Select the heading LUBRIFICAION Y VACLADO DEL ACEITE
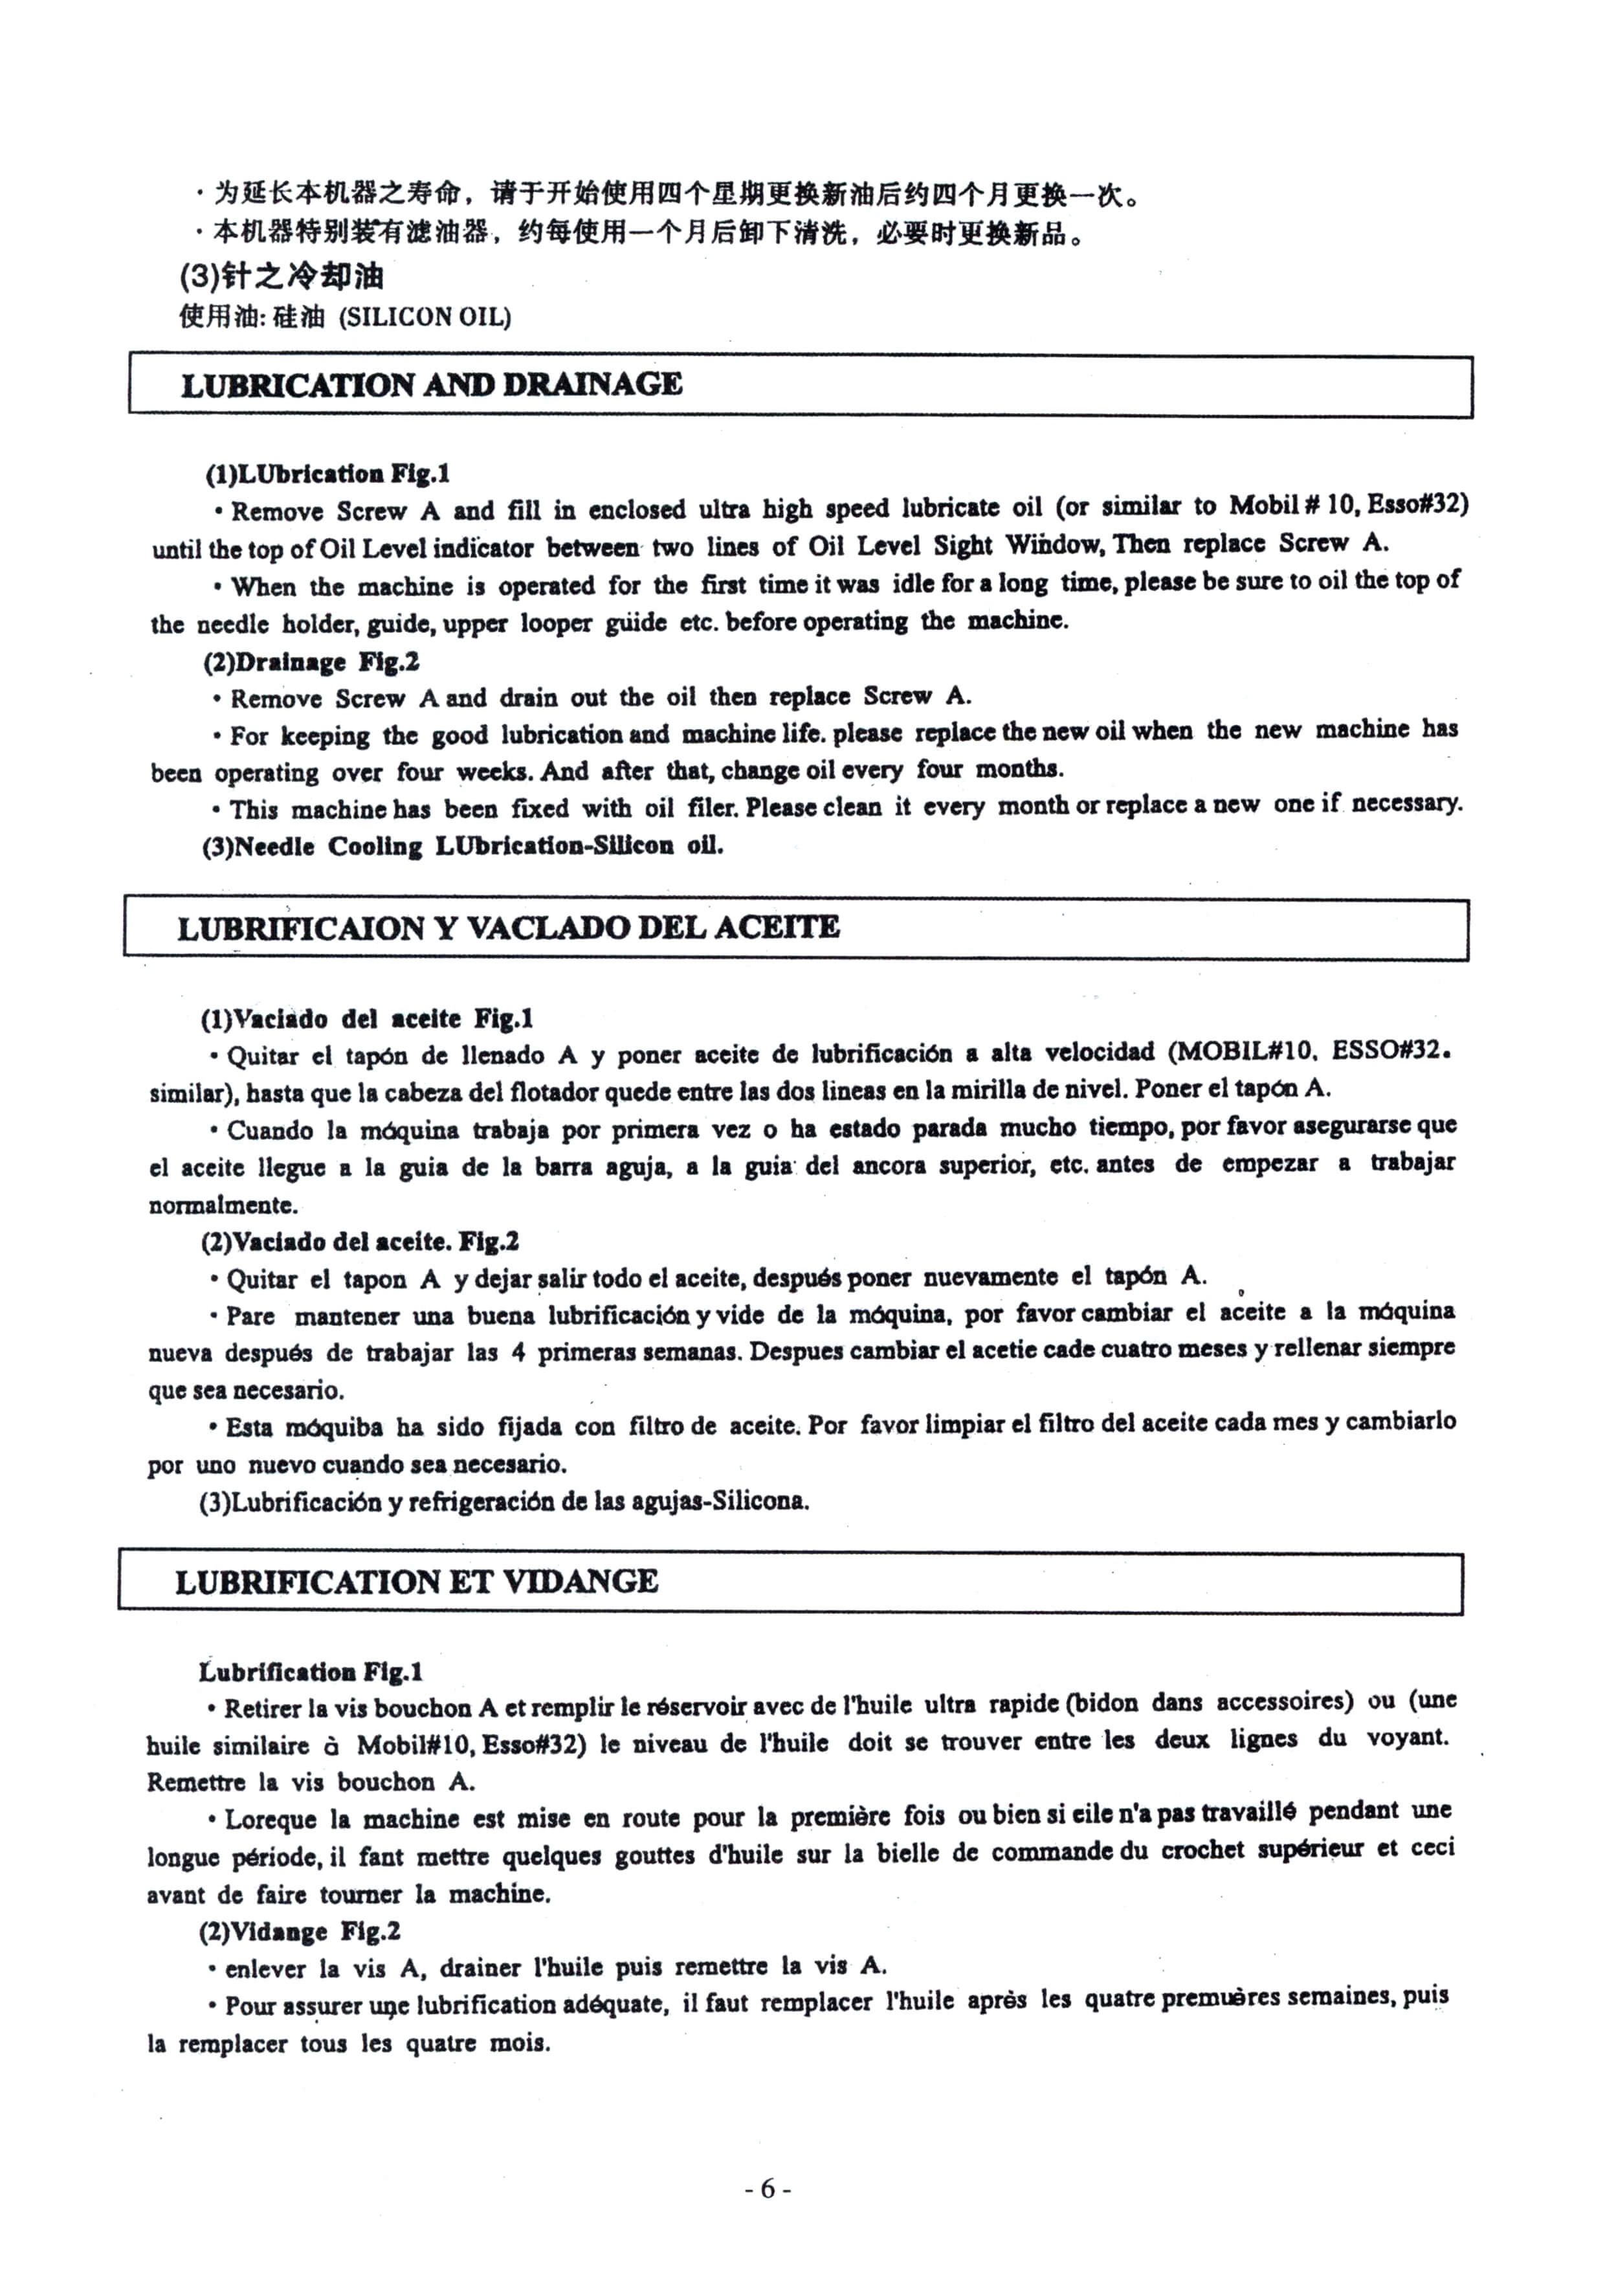coord(508,928)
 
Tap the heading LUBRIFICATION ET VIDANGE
coord(416,1581)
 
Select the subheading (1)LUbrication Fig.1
coord(327,474)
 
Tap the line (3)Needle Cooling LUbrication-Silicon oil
coord(462,847)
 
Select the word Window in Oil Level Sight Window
coord(1054,543)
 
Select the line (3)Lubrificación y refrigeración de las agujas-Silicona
coord(504,1501)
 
